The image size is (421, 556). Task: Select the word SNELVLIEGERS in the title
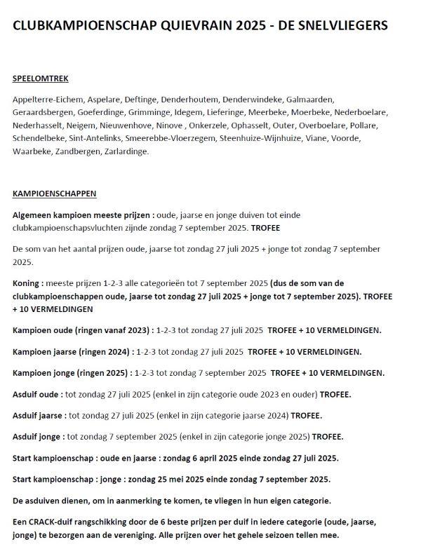pyautogui.click(x=343, y=26)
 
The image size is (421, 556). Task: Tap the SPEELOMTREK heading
pyautogui.click(x=41, y=79)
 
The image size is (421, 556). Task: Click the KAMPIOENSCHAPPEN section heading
pyautogui.click(x=55, y=193)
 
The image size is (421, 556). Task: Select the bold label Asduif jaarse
pyautogui.click(x=40, y=416)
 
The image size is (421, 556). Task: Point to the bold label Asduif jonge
pyautogui.click(x=39, y=436)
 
